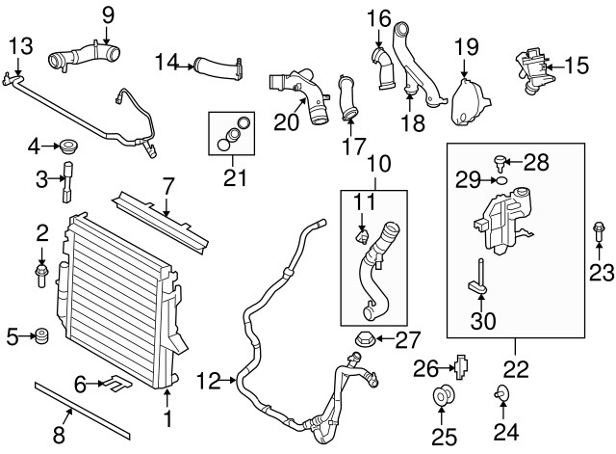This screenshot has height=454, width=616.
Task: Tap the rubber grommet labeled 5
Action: coord(41,336)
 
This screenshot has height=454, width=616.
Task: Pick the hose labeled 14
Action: coord(215,67)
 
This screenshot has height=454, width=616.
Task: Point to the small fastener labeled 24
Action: coord(500,393)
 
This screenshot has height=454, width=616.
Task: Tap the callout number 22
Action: coord(517,367)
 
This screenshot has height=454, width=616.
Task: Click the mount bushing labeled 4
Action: coord(69,147)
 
